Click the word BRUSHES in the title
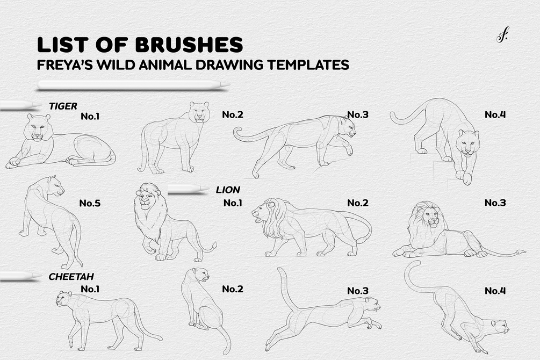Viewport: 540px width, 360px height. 189,45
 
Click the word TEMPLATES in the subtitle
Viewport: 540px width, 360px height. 308,64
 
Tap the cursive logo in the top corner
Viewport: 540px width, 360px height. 502,36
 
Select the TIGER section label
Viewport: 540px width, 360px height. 63,106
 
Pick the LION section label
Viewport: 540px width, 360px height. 228,190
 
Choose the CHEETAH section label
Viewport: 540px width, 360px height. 71,277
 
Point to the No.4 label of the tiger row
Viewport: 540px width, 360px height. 495,114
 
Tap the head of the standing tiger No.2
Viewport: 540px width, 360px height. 199,112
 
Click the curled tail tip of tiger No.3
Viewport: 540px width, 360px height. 237,132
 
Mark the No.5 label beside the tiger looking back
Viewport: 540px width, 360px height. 90,203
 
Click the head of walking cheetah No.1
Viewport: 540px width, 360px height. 64,298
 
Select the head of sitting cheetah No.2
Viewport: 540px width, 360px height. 201,274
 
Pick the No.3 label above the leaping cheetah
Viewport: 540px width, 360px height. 358,291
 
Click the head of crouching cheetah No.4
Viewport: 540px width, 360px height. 499,326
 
